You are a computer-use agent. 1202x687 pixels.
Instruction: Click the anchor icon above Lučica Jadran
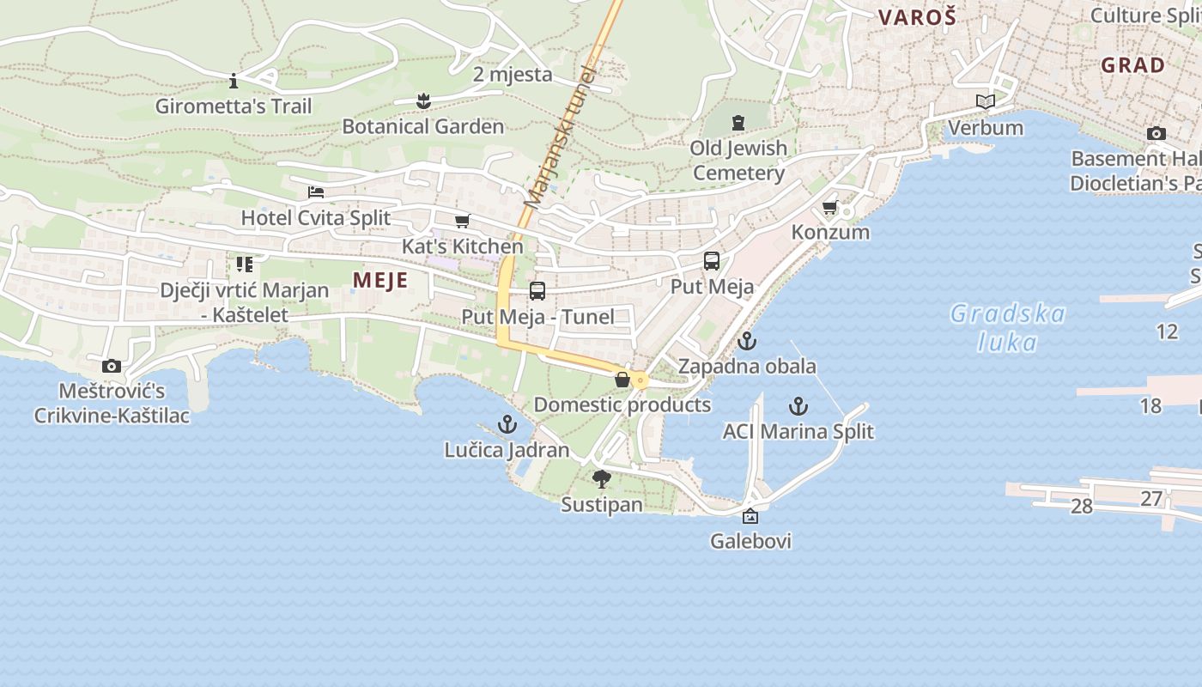point(507,424)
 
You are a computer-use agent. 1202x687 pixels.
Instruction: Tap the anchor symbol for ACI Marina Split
point(798,405)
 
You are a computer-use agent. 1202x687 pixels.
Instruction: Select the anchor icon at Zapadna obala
point(747,341)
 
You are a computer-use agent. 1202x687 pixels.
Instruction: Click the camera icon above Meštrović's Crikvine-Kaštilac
point(111,366)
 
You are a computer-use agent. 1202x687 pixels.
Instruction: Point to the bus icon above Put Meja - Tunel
point(537,291)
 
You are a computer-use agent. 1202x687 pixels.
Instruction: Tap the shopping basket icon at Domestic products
point(622,379)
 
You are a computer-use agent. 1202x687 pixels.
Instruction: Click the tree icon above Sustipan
point(601,478)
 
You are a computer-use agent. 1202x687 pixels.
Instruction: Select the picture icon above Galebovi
point(750,516)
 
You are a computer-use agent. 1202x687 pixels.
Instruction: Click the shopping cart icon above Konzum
point(829,207)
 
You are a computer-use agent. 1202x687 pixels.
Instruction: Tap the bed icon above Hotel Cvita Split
point(316,192)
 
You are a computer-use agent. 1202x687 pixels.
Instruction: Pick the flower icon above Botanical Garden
point(422,101)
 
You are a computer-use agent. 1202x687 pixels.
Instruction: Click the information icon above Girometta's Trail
point(234,81)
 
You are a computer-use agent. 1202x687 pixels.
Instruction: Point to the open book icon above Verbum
point(985,102)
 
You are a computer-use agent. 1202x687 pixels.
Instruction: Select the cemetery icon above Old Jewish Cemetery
point(738,123)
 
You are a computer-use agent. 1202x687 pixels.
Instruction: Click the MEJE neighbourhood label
point(380,281)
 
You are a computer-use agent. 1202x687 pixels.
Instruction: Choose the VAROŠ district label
point(917,17)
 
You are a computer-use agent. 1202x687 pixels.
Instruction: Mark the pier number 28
point(1082,507)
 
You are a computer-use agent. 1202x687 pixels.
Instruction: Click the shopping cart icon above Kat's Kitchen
point(462,221)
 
